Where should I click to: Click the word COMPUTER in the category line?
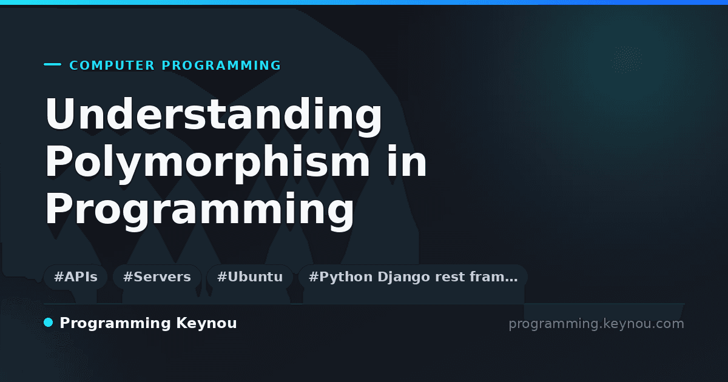point(112,65)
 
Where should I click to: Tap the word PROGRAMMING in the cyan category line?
point(221,65)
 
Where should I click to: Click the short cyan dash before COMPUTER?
point(52,64)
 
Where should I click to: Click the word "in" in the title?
point(406,161)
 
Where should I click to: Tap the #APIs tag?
point(76,277)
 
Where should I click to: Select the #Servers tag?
point(157,277)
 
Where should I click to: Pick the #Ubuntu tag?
point(250,277)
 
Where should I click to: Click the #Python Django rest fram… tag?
point(413,277)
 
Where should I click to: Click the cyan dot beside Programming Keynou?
point(49,323)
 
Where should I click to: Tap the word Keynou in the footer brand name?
point(206,324)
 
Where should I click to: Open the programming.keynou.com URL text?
point(596,324)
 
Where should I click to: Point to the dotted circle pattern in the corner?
point(627,59)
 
